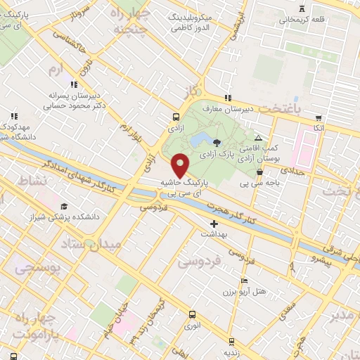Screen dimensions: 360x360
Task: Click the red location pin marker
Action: [181, 165]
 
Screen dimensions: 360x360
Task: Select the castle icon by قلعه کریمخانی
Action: [302, 8]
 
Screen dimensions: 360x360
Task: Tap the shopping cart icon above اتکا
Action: [319, 117]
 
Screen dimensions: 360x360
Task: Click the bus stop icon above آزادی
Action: [175, 118]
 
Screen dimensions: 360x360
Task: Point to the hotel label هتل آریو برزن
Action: [249, 291]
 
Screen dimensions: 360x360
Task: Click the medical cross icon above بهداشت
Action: [214, 224]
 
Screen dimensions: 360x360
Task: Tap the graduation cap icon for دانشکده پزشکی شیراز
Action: [64, 207]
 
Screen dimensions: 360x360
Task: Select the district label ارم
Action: [56, 68]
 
